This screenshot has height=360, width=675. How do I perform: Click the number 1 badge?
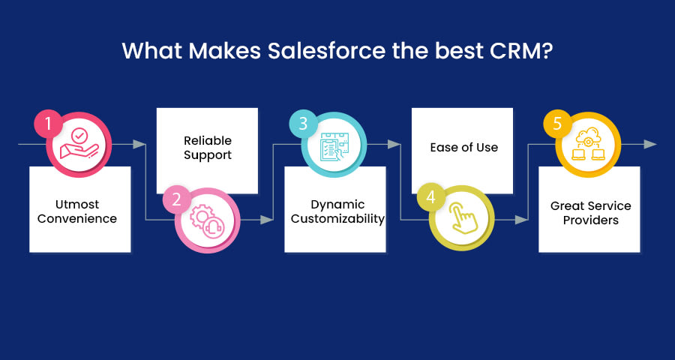[x=48, y=124]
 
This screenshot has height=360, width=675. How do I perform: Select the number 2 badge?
[x=176, y=199]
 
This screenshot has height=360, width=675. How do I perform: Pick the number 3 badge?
[x=303, y=124]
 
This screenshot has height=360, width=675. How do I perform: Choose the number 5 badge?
[x=557, y=124]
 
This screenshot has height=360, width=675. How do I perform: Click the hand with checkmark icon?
[x=79, y=145]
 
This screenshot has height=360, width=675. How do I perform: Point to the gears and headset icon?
[x=208, y=221]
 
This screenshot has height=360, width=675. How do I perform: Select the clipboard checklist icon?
[x=334, y=145]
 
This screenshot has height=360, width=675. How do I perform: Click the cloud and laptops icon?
[x=588, y=144]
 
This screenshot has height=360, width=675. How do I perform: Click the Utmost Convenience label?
[x=77, y=211]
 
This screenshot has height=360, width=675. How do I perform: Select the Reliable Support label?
[x=208, y=148]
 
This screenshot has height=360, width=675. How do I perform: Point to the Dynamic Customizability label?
[x=337, y=211]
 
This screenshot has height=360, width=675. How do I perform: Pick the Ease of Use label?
[x=464, y=147]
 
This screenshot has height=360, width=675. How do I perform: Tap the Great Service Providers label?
[x=591, y=213]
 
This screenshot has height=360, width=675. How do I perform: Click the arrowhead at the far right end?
[x=650, y=144]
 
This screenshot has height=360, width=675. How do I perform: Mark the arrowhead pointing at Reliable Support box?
[x=139, y=144]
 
